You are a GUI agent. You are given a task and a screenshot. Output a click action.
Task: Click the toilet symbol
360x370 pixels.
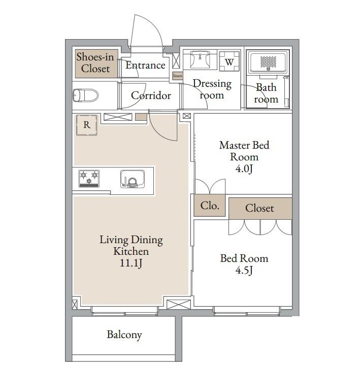tap(85, 95)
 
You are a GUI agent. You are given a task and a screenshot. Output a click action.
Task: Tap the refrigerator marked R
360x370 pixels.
tap(87, 125)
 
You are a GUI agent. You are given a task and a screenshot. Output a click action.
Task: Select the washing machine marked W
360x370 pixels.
tap(229, 61)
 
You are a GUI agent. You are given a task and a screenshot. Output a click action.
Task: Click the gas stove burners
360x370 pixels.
tap(89, 178)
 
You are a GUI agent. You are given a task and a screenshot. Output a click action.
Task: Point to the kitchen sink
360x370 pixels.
tap(133, 179)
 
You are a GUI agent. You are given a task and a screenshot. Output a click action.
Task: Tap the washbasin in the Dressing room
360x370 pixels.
tap(200, 59)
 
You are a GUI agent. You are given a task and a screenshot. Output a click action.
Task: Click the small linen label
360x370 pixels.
tap(178, 76)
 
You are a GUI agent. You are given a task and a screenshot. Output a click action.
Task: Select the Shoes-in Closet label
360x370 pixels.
tap(95, 63)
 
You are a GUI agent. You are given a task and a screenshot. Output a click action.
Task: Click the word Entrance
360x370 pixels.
tap(145, 65)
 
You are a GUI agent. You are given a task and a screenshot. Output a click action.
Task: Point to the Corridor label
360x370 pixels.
tap(151, 95)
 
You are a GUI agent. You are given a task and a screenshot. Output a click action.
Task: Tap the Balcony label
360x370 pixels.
tap(124, 334)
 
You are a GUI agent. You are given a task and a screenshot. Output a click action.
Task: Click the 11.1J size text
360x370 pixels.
tap(131, 263)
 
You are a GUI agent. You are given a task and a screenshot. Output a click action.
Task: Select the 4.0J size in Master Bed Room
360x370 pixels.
tap(244, 169)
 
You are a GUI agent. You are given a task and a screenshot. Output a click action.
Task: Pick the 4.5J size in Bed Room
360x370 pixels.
tap(244, 270)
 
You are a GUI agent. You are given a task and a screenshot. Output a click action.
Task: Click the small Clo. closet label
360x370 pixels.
tap(210, 206)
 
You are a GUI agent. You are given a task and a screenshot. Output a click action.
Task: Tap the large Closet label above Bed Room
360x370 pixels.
tap(259, 208)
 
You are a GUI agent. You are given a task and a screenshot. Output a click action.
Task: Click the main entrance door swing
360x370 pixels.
tap(146, 30)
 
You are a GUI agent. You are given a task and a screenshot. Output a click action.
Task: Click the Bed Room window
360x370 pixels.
tap(247, 312)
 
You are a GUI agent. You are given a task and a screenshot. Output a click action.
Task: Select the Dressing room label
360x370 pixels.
tap(212, 89)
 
